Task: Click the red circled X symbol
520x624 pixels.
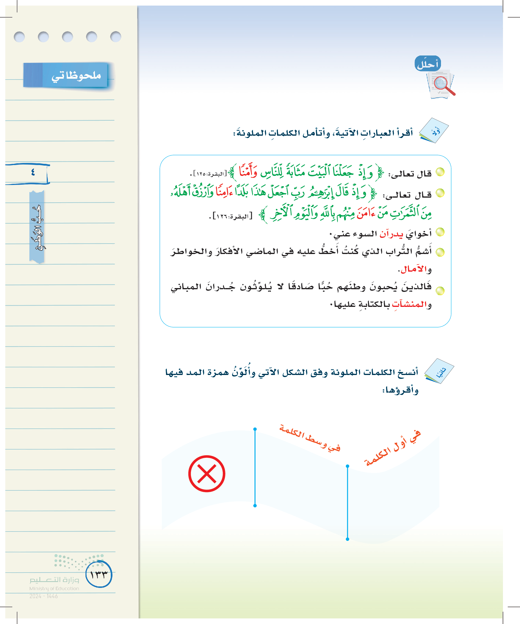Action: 207,474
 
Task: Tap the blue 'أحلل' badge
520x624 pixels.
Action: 427,64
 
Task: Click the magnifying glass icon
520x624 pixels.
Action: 443,85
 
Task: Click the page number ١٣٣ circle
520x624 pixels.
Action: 99,574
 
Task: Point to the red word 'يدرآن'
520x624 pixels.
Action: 391,234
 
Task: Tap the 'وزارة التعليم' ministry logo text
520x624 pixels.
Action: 54,580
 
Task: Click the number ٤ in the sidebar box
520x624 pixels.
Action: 33,172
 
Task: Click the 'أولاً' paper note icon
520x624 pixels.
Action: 435,131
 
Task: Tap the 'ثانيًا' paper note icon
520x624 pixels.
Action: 440,371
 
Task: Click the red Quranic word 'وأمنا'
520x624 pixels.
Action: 248,171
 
